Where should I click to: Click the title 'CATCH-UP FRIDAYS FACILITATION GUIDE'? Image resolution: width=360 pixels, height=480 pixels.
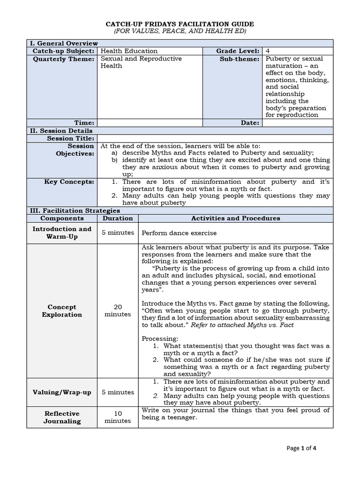click(x=180, y=24)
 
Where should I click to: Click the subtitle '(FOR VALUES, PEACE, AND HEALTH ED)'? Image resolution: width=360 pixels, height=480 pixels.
click(x=180, y=31)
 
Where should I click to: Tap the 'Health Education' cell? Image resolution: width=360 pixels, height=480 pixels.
click(x=129, y=51)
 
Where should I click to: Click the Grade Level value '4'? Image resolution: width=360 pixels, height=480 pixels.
click(x=268, y=51)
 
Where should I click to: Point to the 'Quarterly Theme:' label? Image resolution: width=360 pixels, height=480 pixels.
click(x=63, y=59)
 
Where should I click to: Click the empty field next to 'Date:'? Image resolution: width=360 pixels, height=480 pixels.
click(x=297, y=123)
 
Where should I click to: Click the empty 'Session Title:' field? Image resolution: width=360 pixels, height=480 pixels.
click(x=215, y=138)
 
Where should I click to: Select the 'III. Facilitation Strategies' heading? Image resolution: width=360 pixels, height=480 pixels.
click(x=74, y=211)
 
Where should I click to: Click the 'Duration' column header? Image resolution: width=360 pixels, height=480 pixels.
click(x=118, y=218)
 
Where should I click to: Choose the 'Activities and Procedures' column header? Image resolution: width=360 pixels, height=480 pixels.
click(x=235, y=218)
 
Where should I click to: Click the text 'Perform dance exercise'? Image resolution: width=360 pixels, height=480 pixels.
click(x=179, y=232)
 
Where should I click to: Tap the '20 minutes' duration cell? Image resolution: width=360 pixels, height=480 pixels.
click(x=118, y=310)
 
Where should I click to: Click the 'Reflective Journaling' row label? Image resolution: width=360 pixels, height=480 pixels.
click(x=62, y=417)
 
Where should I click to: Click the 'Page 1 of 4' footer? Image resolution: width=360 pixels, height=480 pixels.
click(x=301, y=448)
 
